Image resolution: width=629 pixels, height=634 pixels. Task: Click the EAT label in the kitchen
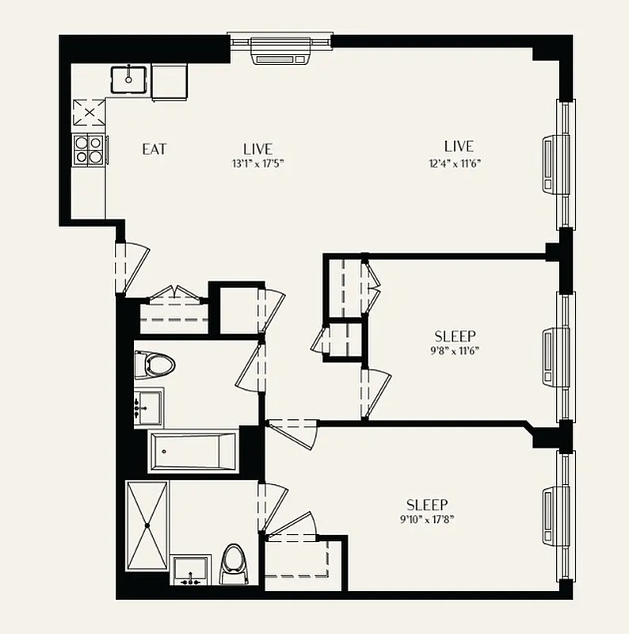[x=154, y=148]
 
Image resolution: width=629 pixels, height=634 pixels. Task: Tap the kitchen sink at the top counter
[x=129, y=80]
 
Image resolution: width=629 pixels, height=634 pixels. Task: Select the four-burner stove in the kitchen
[x=89, y=149]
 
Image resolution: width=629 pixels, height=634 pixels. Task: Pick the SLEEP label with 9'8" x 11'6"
[x=456, y=335]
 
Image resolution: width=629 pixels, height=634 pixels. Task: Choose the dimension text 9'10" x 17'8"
[x=428, y=520]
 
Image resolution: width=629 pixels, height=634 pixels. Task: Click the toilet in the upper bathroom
[x=155, y=365]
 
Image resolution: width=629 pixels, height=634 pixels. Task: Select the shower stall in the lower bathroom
[x=147, y=525]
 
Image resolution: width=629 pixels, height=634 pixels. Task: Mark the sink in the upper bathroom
[x=147, y=407]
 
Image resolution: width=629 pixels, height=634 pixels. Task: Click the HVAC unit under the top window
[x=279, y=54]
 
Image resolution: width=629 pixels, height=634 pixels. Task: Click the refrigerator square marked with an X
[x=89, y=113]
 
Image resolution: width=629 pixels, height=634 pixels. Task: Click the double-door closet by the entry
[x=173, y=309]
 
